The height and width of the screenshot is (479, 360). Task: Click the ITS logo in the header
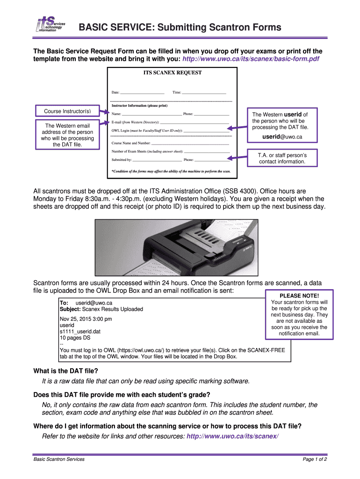tap(51, 25)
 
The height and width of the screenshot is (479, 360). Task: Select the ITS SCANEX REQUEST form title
tap(172, 73)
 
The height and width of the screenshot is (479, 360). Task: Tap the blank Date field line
tap(142, 93)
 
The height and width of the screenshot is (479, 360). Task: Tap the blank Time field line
tap(204, 93)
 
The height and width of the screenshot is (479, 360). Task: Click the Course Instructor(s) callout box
tap(67, 111)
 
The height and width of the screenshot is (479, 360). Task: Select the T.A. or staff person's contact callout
tap(282, 158)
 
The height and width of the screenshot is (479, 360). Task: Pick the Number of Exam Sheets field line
tap(206, 152)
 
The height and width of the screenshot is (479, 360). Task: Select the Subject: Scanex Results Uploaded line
tap(101, 309)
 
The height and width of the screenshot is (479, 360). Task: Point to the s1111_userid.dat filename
tap(80, 331)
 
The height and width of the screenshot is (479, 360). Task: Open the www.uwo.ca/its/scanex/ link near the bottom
tap(232, 436)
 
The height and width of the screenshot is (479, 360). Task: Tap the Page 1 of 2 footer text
tap(314, 459)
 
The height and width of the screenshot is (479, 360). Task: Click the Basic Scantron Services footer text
tap(59, 459)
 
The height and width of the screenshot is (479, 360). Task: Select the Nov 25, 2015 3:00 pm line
tap(86, 319)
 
